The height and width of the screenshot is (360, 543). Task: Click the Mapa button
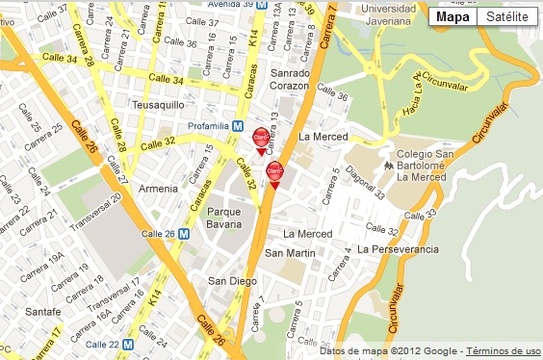(x=452, y=16)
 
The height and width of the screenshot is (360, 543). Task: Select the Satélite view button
(x=506, y=16)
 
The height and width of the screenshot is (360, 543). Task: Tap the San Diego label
(x=230, y=281)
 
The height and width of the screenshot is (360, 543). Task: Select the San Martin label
(x=290, y=253)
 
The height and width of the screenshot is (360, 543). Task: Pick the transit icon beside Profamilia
(x=238, y=126)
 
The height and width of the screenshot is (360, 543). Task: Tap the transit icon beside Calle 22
(x=141, y=344)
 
